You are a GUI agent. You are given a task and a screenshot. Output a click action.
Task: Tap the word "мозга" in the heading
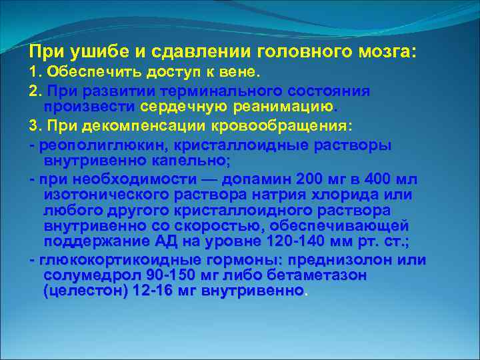386,51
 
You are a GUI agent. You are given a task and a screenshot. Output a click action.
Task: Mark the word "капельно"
193,160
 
